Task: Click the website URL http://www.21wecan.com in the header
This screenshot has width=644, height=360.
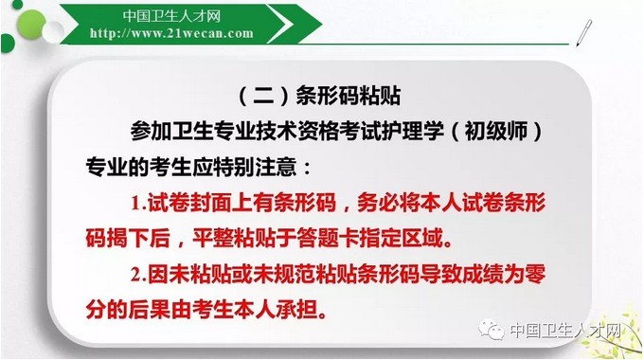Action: point(171,33)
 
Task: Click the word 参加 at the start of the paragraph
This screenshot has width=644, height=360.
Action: point(147,129)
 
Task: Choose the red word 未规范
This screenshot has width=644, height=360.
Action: point(263,276)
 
